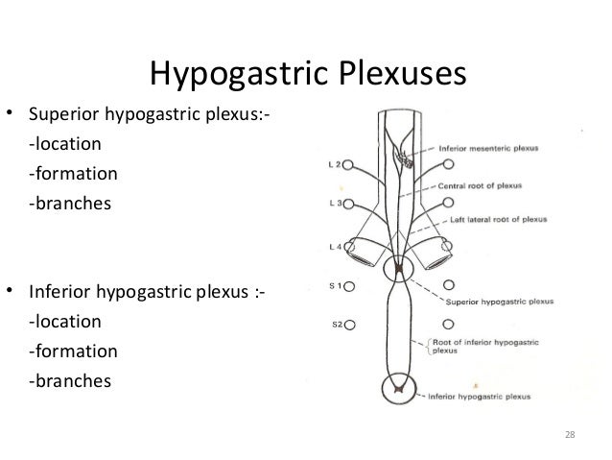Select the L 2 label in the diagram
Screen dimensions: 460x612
pos(331,164)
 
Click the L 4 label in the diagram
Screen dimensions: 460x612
pos(331,247)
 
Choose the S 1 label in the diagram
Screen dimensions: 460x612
pos(332,285)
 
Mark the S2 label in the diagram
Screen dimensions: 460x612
pos(331,325)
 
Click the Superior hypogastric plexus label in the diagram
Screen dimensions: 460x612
pos(493,300)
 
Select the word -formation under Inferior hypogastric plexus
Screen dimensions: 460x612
pos(73,352)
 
